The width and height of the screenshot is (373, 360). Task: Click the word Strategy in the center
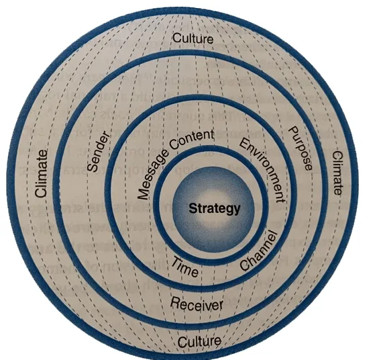point(214,209)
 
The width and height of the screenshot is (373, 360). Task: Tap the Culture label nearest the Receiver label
point(199,341)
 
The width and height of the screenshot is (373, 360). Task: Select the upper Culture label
point(193,38)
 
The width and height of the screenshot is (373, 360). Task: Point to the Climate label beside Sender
point(41,173)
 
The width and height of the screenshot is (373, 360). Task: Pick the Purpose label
point(300,148)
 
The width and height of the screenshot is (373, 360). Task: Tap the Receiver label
point(197,304)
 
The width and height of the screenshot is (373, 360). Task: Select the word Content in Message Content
point(193,140)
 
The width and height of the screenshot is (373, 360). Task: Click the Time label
point(185,267)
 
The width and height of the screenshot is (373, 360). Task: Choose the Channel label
point(258,251)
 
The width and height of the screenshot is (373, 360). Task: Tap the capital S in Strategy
point(193,208)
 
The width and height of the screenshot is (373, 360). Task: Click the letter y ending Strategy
point(237,211)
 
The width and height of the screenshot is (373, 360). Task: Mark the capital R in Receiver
point(175,302)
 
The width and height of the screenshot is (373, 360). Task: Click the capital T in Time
point(176,261)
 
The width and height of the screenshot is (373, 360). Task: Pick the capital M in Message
point(143,194)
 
